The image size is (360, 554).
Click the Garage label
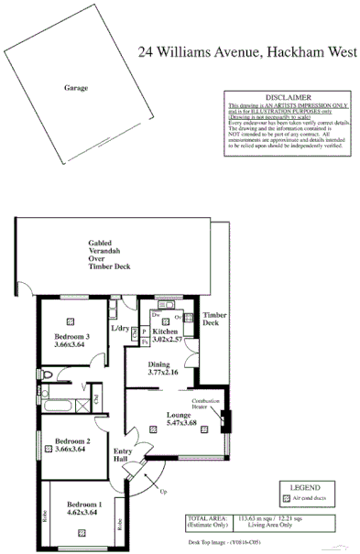tap(76, 88)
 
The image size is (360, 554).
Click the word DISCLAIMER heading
tap(288, 96)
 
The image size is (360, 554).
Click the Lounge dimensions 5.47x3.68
tap(178, 422)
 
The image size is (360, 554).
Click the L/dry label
tap(120, 328)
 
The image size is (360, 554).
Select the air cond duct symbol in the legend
tap(285, 499)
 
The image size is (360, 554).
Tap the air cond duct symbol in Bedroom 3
tap(71, 320)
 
